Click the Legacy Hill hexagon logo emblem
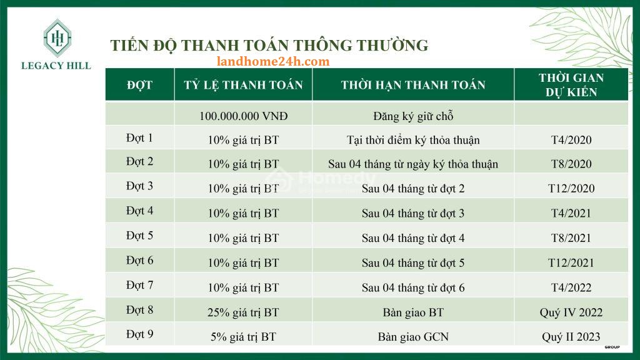tap(57, 38)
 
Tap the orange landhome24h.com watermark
tap(273, 62)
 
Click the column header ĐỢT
tap(139, 85)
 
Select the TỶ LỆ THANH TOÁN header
tap(243, 85)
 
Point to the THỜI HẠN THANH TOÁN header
tap(413, 85)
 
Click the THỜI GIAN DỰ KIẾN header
tap(571, 85)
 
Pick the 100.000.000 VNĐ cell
tap(243, 116)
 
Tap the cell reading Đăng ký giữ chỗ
tap(413, 116)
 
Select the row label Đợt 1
tap(139, 138)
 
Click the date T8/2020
tap(571, 164)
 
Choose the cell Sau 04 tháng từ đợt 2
tap(413, 189)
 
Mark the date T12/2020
tap(571, 189)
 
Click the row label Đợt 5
tap(139, 236)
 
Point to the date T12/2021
tap(571, 263)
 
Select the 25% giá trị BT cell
tap(243, 312)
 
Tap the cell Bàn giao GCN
tap(413, 337)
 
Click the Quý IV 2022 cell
tap(571, 312)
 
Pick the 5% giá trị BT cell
tap(243, 337)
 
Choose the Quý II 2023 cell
tap(571, 337)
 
